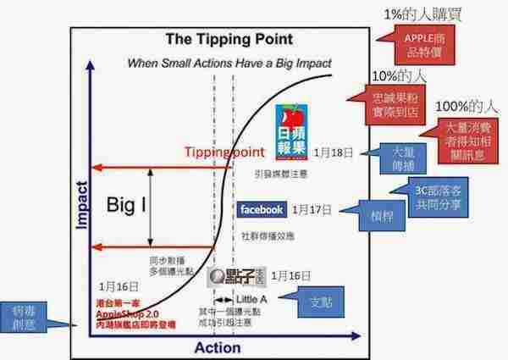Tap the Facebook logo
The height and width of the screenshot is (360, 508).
[x=262, y=209]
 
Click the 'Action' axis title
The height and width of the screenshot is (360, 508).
[x=218, y=347]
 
